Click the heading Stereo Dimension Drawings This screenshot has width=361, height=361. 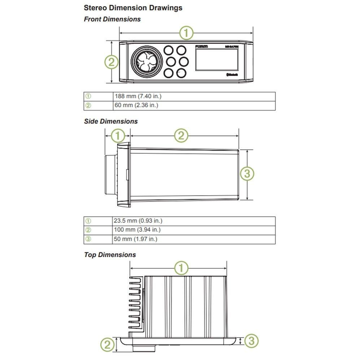point(133,8)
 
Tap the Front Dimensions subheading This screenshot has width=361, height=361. point(112,19)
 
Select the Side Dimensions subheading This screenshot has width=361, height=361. point(111,121)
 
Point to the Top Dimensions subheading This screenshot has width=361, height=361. point(110,255)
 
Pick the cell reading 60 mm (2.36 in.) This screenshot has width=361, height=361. point(136,105)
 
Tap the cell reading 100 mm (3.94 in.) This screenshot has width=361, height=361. point(137,230)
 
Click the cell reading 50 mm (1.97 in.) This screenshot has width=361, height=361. point(136,239)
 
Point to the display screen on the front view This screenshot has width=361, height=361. point(217,60)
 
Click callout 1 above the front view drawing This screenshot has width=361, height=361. point(187,34)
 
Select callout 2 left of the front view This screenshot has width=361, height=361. point(112,62)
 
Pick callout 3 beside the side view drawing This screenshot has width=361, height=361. point(247,174)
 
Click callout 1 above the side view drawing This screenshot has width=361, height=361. point(118,136)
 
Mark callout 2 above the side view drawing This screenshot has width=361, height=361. point(182,136)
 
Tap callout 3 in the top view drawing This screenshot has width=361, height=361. point(252,340)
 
